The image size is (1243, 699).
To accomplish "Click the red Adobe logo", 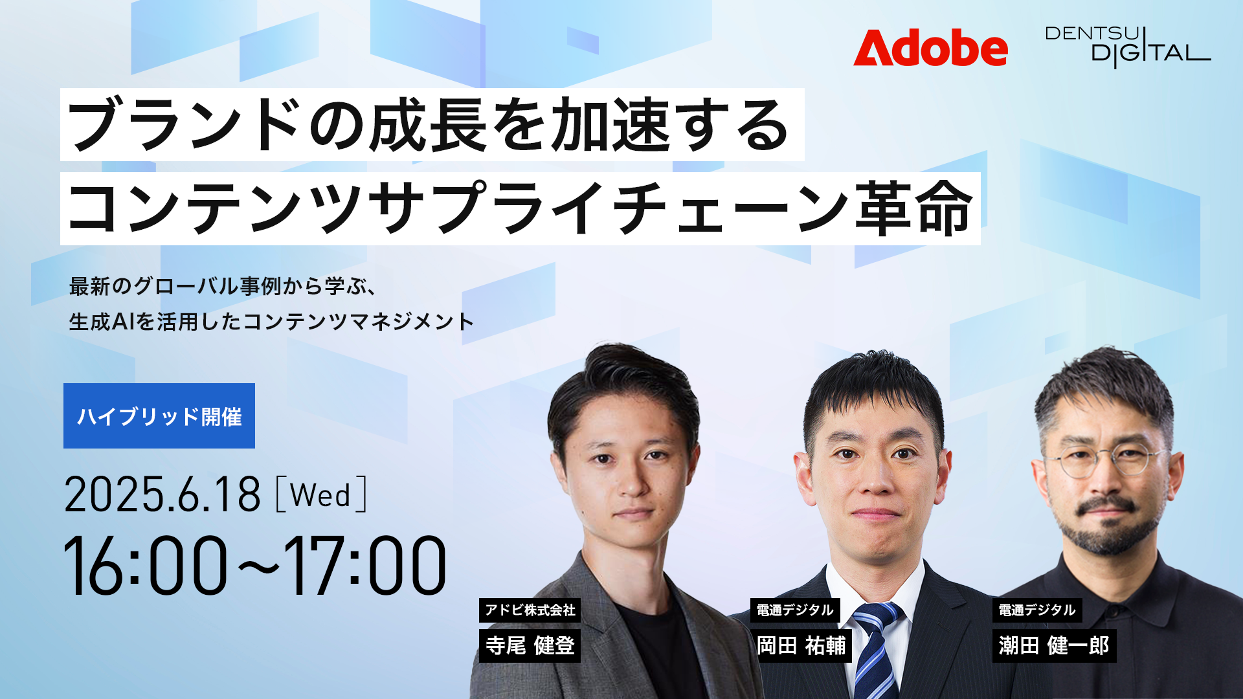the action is [x=930, y=47].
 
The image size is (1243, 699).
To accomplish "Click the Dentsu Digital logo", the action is [x=1128, y=47].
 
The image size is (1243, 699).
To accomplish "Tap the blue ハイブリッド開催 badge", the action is [x=159, y=416].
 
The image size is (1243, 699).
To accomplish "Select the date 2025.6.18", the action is [x=162, y=495].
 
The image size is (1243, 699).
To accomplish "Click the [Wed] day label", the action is [x=321, y=495].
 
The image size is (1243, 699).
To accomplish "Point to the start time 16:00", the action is [x=146, y=565].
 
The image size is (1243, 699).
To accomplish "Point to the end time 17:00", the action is [x=365, y=565].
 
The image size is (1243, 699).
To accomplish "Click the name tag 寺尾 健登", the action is [x=530, y=645].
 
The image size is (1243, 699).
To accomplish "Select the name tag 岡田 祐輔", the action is [x=801, y=645].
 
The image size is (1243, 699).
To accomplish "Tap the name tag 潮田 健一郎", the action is [x=1054, y=645].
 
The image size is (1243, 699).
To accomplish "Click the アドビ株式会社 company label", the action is [x=530, y=610].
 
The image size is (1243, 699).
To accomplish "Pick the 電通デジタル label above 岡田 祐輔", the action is [x=795, y=610].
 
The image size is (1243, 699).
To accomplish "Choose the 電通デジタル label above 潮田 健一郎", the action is [x=1037, y=610].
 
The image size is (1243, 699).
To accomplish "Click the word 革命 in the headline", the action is [x=914, y=208].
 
